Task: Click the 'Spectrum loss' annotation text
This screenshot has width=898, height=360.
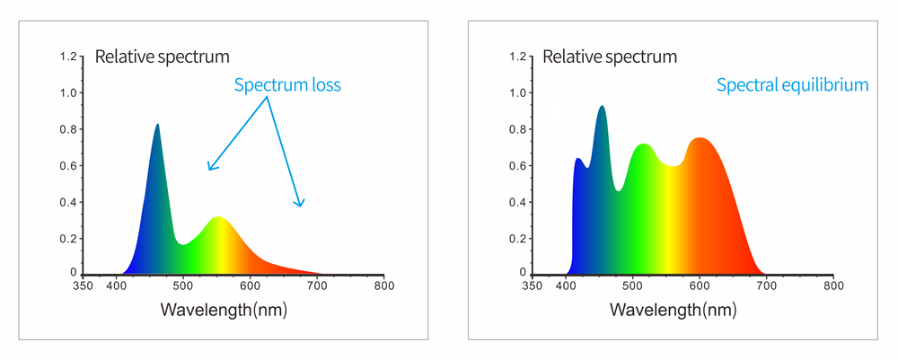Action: pyautogui.click(x=287, y=86)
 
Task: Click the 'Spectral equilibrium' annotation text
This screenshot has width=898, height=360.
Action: pyautogui.click(x=792, y=86)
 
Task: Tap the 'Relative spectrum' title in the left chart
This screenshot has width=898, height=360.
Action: pyautogui.click(x=163, y=58)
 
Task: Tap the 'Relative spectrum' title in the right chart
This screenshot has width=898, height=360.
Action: pyautogui.click(x=611, y=58)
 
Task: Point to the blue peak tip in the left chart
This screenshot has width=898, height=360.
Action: pyautogui.click(x=158, y=125)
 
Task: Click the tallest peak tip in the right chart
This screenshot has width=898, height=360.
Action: pyautogui.click(x=602, y=106)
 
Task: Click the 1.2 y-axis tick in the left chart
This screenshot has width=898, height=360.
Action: pyautogui.click(x=68, y=57)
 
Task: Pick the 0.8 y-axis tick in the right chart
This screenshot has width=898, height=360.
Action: pyautogui.click(x=518, y=129)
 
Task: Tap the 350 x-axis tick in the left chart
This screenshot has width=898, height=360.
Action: pyautogui.click(x=83, y=286)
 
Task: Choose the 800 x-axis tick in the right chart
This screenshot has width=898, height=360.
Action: pyautogui.click(x=834, y=286)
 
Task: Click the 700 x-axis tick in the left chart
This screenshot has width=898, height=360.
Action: pyautogui.click(x=317, y=286)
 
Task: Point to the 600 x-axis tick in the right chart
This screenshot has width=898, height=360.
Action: pyautogui.click(x=700, y=286)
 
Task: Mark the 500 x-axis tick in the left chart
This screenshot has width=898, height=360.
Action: pyautogui.click(x=183, y=286)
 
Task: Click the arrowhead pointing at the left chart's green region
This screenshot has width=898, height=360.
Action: pyautogui.click(x=209, y=168)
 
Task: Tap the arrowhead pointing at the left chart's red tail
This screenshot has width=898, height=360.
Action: pyautogui.click(x=303, y=205)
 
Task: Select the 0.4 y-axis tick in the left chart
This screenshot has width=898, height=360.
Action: pyautogui.click(x=68, y=201)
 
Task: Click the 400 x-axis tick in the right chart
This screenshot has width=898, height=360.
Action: pyautogui.click(x=566, y=286)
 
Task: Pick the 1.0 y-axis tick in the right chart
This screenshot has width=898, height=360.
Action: pyautogui.click(x=518, y=93)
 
